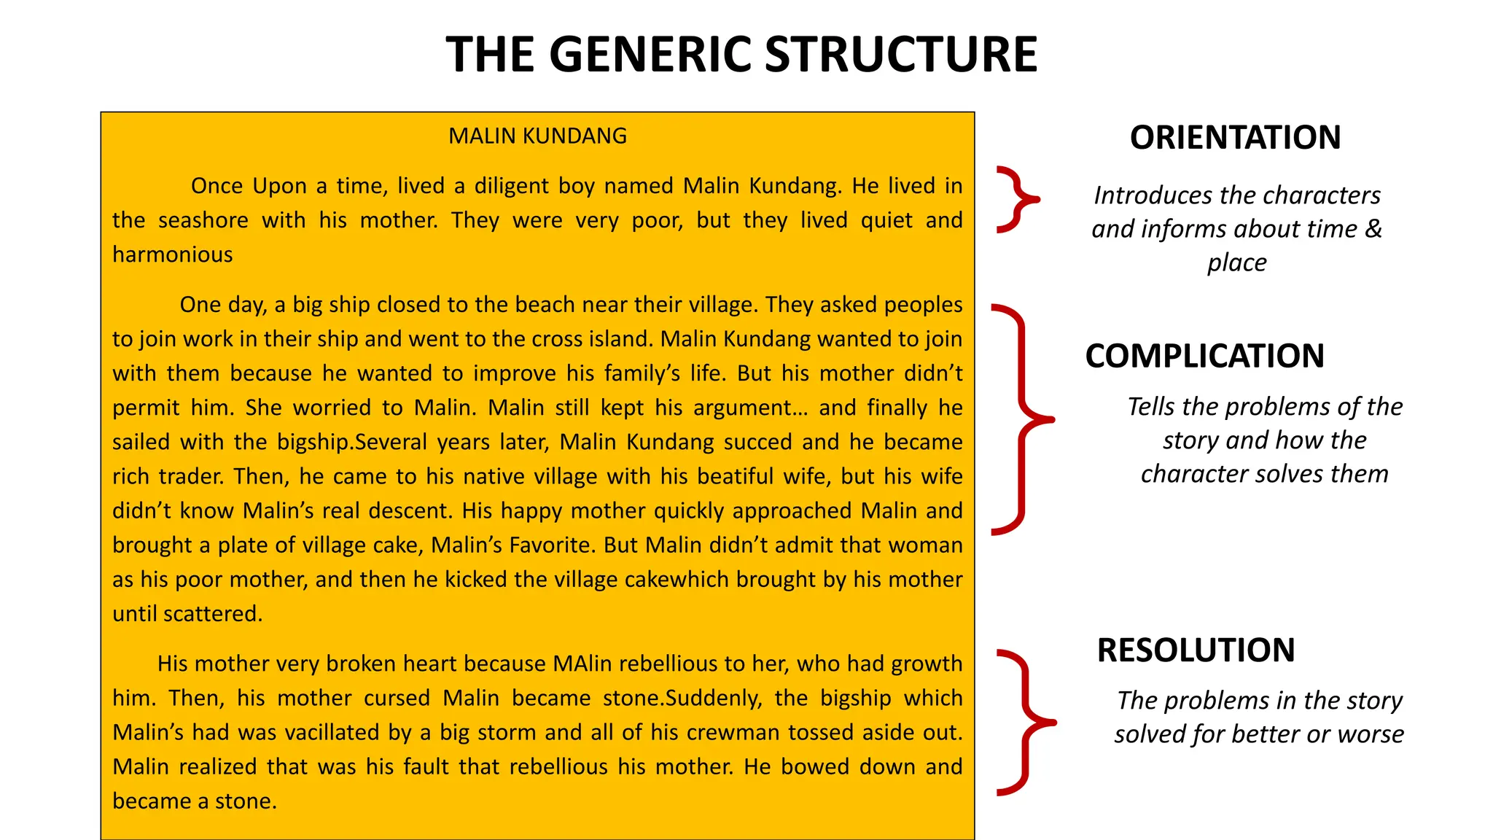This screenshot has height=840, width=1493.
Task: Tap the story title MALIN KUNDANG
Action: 537,136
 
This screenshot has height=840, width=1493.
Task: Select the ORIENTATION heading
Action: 1235,137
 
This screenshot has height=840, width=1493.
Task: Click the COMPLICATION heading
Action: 1204,356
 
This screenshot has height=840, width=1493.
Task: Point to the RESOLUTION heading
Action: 1196,650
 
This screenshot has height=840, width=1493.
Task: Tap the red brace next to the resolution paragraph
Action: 1025,722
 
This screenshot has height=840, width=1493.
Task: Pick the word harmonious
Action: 173,254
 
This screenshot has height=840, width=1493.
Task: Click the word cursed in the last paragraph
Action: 397,698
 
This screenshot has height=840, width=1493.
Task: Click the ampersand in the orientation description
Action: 1373,229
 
